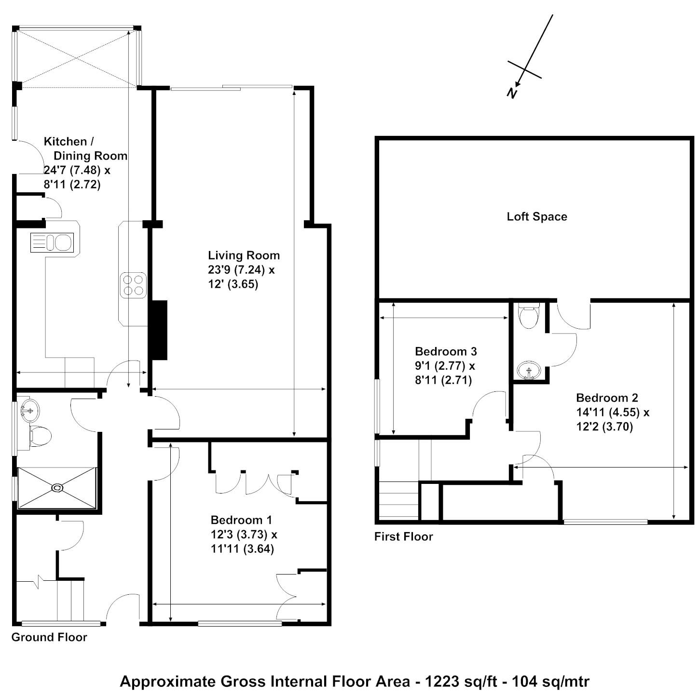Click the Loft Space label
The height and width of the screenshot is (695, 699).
point(536,216)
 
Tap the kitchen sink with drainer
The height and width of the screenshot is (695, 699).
point(52,242)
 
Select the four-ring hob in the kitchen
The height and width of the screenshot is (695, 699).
point(134,285)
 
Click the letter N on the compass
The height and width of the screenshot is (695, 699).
point(512,93)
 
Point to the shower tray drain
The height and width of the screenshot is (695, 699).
point(57,488)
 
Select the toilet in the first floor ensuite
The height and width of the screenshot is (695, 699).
point(529,316)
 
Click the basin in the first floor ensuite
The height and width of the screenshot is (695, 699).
point(529,371)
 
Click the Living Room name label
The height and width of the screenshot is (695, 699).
point(244,255)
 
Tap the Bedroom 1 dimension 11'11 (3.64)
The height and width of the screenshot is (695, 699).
point(242,549)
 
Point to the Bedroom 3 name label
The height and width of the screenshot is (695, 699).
point(446,351)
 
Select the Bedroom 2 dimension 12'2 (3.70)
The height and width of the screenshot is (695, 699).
point(604,427)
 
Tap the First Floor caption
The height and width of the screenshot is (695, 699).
point(403,536)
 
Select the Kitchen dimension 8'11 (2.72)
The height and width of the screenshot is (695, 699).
point(72,185)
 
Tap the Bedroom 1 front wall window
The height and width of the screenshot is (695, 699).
point(240,623)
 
